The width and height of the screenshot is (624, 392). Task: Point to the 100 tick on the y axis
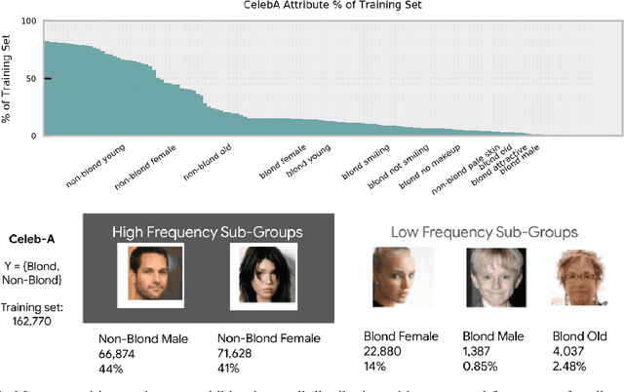30,21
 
